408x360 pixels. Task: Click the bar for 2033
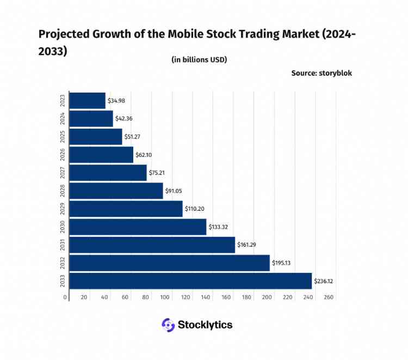pos(191,281)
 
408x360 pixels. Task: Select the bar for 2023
pos(88,101)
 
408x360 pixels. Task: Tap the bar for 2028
pos(116,191)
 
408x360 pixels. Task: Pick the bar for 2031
pos(152,245)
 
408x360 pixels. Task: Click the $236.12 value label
pos(325,281)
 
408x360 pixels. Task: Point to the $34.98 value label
pos(118,101)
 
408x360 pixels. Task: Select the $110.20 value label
pos(195,209)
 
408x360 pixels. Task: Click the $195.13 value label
pos(282,263)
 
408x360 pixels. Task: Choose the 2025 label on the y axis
pos(63,137)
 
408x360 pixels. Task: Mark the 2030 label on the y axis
pos(63,227)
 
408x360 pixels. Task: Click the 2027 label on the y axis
pos(63,173)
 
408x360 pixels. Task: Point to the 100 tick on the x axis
pos(165,297)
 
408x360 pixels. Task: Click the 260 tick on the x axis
pos(328,297)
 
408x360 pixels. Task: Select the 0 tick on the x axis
pos(65,297)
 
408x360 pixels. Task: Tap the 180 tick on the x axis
pos(247,297)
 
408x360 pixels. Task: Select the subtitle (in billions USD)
pos(199,59)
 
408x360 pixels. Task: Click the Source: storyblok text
pos(322,72)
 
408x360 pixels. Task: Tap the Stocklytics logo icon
pos(168,325)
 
